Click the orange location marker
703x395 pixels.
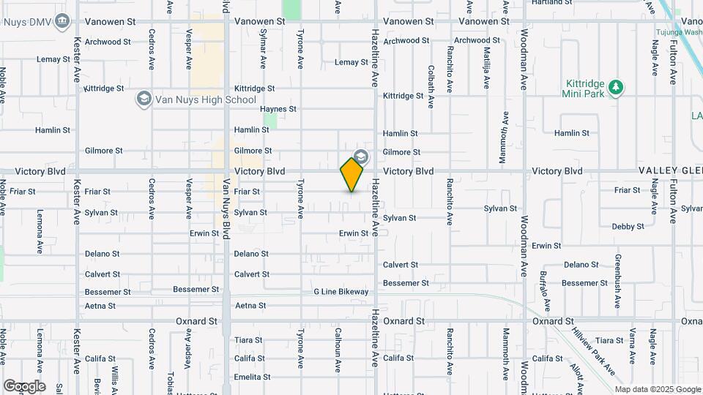coord(352,175)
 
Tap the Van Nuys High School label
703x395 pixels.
coord(205,99)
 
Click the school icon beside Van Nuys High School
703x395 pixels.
coord(144,99)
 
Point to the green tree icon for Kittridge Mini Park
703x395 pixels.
coord(617,88)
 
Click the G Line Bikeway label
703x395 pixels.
coord(341,292)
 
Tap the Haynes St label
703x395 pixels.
coord(278,109)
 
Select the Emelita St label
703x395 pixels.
coord(253,377)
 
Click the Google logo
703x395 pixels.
coord(24,386)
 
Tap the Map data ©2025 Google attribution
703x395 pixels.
coord(657,389)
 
